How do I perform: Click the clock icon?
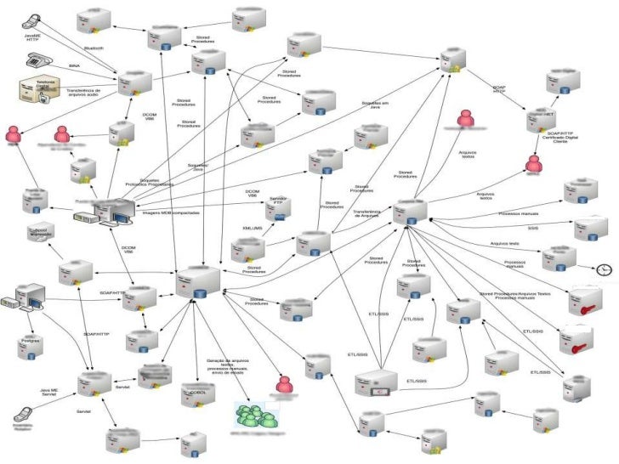(x=603, y=269)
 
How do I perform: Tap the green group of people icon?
(x=257, y=416)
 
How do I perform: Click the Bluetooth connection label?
(x=94, y=48)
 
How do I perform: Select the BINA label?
(x=76, y=65)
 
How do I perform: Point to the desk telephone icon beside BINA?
(x=37, y=60)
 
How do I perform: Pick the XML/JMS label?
(x=253, y=229)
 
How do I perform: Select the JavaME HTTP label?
(x=33, y=37)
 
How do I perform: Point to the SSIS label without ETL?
(x=532, y=229)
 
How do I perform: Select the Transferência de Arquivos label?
(x=366, y=213)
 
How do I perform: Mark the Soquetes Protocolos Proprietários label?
(x=149, y=183)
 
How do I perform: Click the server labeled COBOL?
(x=196, y=392)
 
